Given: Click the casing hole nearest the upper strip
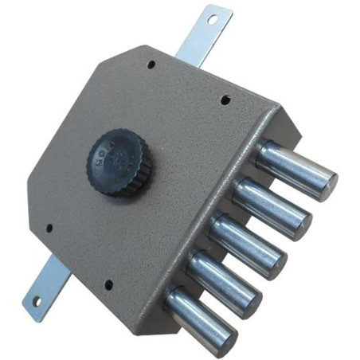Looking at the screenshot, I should click(x=151, y=65).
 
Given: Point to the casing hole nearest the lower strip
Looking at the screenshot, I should click(x=49, y=229).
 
